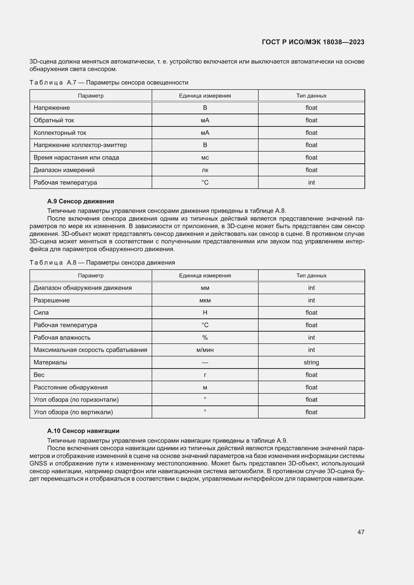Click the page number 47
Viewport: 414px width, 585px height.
click(x=361, y=532)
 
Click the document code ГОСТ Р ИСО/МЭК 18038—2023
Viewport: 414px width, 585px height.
click(x=313, y=42)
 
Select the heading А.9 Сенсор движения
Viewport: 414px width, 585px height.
click(x=81, y=201)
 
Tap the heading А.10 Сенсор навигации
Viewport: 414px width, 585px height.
click(x=83, y=431)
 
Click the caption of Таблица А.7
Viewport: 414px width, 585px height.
click(x=109, y=83)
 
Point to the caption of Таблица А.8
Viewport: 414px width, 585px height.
click(x=102, y=262)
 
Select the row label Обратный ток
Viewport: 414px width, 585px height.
click(x=54, y=120)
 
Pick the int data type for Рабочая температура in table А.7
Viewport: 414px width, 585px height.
click(x=311, y=182)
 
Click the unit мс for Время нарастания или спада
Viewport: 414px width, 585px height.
click(x=205, y=158)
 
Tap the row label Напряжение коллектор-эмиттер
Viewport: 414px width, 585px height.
click(x=80, y=145)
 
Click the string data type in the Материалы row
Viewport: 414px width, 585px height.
click(x=311, y=362)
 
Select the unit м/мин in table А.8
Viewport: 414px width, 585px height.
click(x=205, y=350)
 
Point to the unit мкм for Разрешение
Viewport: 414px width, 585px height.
click(x=205, y=300)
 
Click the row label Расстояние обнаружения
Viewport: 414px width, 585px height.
click(x=71, y=387)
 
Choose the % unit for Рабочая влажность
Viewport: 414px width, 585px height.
click(x=205, y=338)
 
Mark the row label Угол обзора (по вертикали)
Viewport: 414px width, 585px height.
click(x=73, y=412)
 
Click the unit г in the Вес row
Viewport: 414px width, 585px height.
click(x=205, y=375)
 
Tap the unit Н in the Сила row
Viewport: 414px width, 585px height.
click(x=205, y=313)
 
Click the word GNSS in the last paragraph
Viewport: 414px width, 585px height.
click(x=38, y=463)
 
